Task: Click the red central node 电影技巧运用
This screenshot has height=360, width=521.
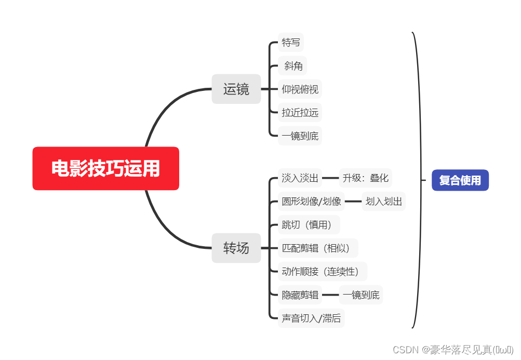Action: pyautogui.click(x=105, y=169)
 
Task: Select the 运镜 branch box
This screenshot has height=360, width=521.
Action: pyautogui.click(x=236, y=89)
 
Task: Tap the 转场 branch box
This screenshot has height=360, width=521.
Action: pyautogui.click(x=236, y=248)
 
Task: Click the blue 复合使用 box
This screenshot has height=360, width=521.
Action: pyautogui.click(x=460, y=180)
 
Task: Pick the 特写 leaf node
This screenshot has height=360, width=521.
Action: pyautogui.click(x=291, y=43)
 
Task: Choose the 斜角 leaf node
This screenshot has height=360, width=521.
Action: pyautogui.click(x=293, y=66)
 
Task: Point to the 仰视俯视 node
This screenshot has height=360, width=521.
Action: pyautogui.click(x=300, y=89)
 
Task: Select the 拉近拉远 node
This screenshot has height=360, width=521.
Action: pyautogui.click(x=300, y=112)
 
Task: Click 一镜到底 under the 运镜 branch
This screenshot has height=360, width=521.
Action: pyautogui.click(x=300, y=136)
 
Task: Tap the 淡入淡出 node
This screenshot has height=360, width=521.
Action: pyautogui.click(x=300, y=178)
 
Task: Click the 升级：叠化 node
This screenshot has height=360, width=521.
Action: pyautogui.click(x=365, y=178)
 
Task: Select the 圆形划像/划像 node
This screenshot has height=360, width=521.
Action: pyautogui.click(x=311, y=202)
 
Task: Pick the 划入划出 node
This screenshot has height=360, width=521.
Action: pyautogui.click(x=384, y=202)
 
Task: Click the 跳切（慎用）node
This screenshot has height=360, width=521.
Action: pyautogui.click(x=309, y=225)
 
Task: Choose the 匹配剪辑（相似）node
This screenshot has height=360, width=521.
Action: pyautogui.click(x=318, y=248)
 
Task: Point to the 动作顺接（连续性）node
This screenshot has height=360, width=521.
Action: pyautogui.click(x=323, y=272)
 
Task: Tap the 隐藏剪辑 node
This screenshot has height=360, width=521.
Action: pyautogui.click(x=300, y=295)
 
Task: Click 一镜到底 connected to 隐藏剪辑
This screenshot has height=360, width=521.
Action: pyautogui.click(x=361, y=295)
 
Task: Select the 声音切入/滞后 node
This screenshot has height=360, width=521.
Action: pyautogui.click(x=311, y=318)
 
